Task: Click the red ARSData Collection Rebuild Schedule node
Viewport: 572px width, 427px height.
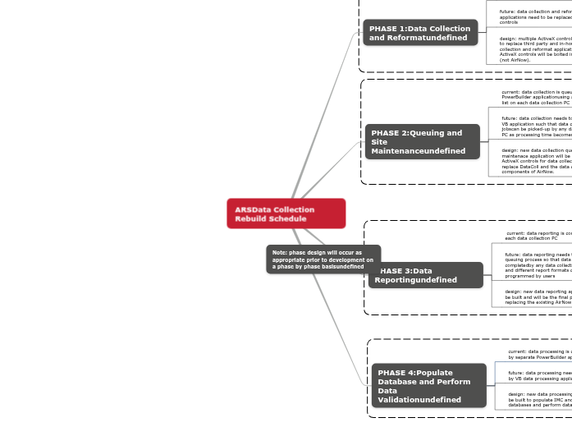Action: [286, 213]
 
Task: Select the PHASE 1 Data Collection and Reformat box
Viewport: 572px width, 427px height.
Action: [420, 33]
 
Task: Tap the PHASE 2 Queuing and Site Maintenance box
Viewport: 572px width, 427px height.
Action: [422, 142]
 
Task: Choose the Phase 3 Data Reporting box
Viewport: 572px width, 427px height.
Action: [426, 275]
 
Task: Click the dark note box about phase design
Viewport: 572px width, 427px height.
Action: [323, 259]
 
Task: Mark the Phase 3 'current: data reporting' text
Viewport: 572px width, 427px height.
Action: [538, 236]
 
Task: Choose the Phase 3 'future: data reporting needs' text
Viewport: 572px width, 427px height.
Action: [538, 264]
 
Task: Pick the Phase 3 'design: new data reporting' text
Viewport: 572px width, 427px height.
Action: [538, 296]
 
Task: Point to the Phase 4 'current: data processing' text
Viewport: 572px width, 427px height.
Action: [539, 354]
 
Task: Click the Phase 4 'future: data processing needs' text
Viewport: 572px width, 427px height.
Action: [539, 375]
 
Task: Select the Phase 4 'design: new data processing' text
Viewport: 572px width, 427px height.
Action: [539, 399]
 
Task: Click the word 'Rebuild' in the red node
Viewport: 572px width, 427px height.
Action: [249, 219]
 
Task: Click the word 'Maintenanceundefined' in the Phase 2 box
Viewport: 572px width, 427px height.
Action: [418, 151]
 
